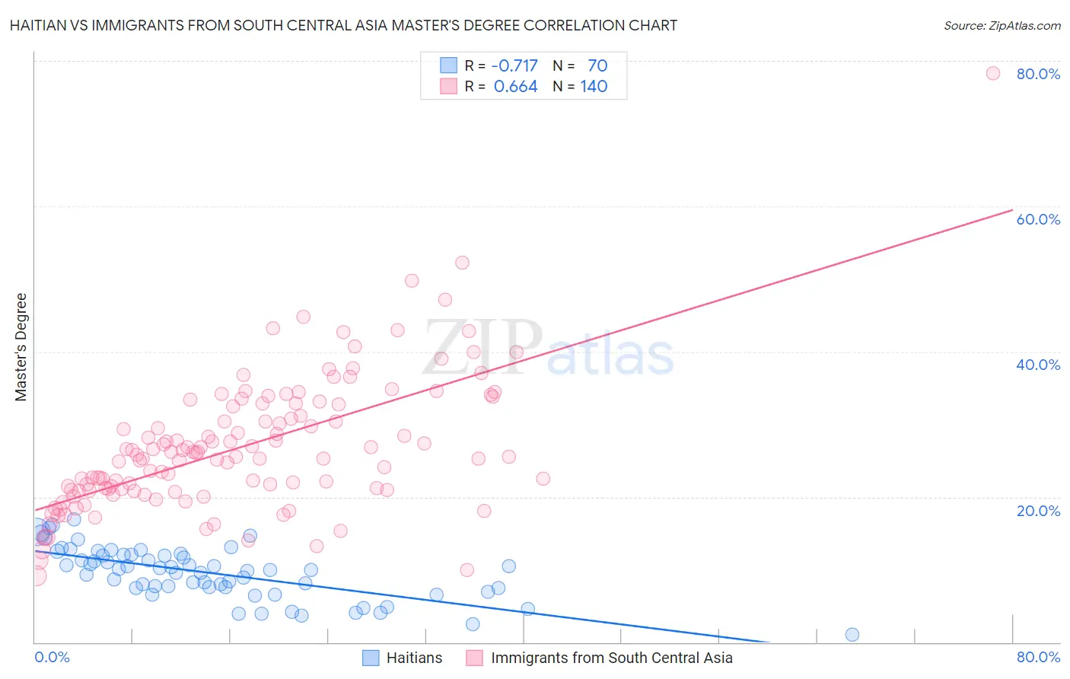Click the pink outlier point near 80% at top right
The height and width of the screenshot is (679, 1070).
coord(992,73)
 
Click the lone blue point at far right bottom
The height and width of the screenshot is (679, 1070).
coord(852,635)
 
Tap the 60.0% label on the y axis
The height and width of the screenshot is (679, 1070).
coord(1038,219)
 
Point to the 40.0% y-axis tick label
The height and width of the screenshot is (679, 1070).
coord(1038,365)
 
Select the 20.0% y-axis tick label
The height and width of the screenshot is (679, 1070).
coord(1038,511)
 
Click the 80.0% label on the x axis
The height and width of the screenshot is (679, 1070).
coord(1038,657)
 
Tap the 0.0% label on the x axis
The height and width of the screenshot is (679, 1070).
coord(52,657)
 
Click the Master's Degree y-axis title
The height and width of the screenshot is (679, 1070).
coord(21,347)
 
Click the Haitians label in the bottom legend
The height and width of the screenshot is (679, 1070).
coord(414,658)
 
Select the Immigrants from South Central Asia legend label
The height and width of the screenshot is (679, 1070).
coord(612,658)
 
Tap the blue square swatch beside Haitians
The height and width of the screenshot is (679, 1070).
coord(371,658)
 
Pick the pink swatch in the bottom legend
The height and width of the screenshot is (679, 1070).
coord(474,658)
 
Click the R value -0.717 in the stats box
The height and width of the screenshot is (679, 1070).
coord(514,65)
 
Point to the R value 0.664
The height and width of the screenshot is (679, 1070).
coord(515,87)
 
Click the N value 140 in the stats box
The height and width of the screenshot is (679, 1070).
coord(594,87)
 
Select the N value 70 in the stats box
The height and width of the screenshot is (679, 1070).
coord(597,65)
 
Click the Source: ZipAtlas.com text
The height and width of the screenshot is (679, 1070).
coord(1002,25)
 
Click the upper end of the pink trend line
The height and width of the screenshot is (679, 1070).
coord(1011,210)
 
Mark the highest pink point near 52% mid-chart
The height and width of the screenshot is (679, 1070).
coord(462,263)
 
